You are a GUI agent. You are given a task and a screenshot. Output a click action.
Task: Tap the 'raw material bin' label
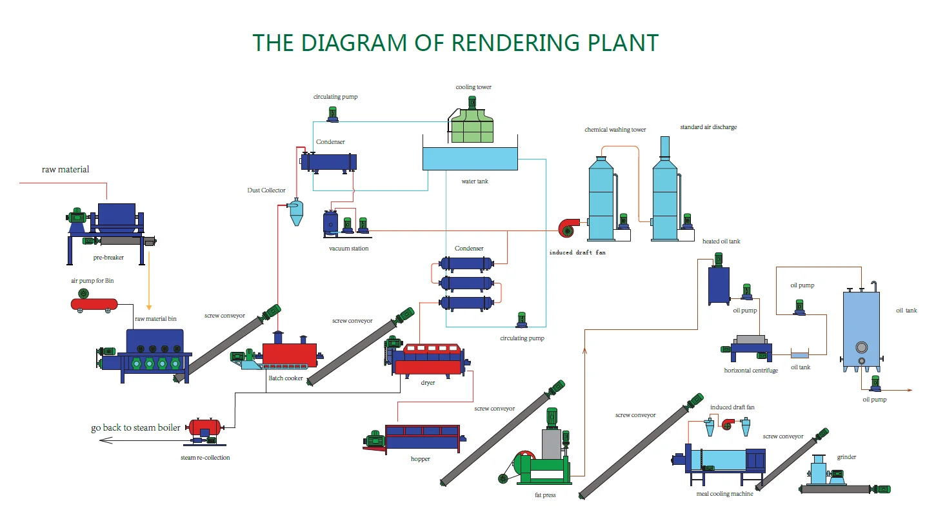pos(155,319)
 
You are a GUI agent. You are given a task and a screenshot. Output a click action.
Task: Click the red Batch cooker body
pos(289,354)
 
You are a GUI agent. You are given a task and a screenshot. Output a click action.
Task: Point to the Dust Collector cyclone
pos(296,211)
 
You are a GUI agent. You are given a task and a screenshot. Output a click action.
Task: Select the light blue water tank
pos(470,158)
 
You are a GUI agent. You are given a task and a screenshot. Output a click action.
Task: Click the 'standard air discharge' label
pos(708,127)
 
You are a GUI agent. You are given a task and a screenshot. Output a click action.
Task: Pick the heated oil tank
pos(719,285)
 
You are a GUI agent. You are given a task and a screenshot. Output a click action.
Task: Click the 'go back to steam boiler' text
pos(135,428)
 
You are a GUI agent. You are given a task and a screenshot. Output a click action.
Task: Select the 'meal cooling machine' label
pos(724,494)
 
